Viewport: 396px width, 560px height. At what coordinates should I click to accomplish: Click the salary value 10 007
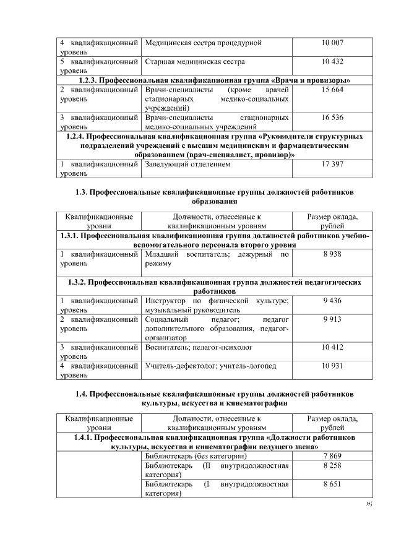[332, 43]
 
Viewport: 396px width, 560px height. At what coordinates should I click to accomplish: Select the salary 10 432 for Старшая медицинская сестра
[332, 62]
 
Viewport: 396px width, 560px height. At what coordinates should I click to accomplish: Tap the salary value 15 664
[332, 90]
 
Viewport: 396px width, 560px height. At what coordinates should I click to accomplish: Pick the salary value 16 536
[332, 117]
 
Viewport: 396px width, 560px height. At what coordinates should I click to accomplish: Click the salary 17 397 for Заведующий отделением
[332, 165]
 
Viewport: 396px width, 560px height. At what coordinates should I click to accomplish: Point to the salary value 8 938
[332, 254]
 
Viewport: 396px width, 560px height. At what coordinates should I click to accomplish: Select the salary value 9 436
[332, 301]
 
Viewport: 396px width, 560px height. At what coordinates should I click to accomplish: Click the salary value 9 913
[332, 319]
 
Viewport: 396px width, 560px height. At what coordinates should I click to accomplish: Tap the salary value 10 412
[332, 347]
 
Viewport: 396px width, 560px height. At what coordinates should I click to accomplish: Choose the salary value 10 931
[332, 366]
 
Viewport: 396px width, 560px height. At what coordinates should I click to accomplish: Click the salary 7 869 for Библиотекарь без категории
[332, 456]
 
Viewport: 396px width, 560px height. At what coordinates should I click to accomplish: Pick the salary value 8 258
[332, 465]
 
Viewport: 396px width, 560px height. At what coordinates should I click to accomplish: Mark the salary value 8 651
[332, 484]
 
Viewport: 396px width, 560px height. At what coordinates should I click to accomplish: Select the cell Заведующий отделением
[187, 165]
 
